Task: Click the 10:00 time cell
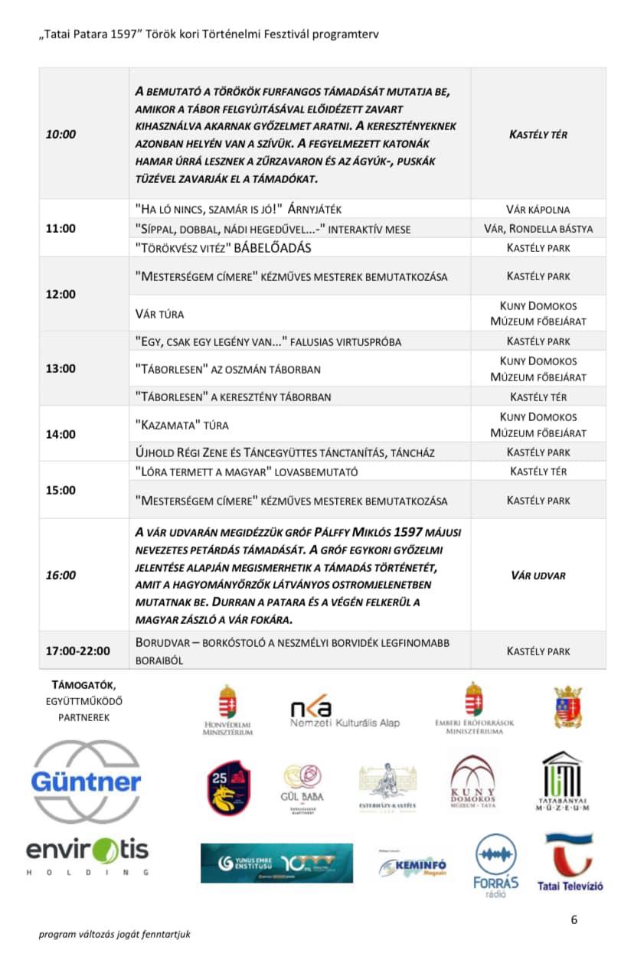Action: [x=61, y=134]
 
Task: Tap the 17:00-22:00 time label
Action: [x=77, y=651]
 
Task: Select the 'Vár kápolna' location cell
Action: [x=538, y=209]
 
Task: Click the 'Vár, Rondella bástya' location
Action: [x=538, y=228]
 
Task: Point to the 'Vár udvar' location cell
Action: [x=538, y=575]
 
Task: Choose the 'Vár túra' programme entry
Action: [x=159, y=314]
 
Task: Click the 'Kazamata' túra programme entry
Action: [x=181, y=425]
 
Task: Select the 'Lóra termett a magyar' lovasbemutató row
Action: [x=246, y=472]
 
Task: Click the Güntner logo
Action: [x=86, y=782]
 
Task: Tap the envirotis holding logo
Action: [x=87, y=855]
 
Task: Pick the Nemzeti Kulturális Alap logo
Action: [x=345, y=714]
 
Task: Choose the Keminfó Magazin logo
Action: [x=413, y=866]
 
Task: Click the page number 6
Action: [x=574, y=920]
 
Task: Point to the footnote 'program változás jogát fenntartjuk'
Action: [x=115, y=934]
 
